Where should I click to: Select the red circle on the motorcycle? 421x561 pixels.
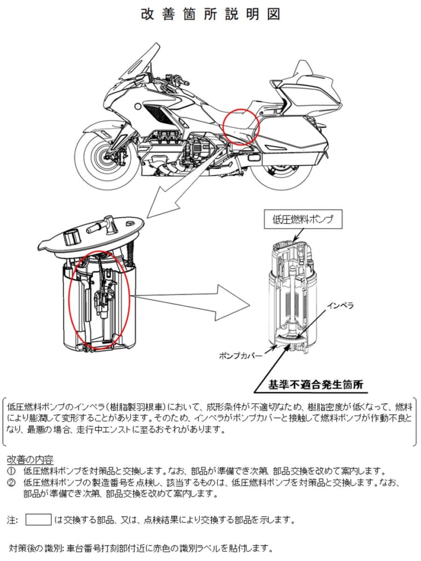pyautogui.click(x=241, y=126)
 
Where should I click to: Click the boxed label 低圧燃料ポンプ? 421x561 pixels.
pyautogui.click(x=303, y=220)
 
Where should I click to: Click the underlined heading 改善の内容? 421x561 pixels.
pyautogui.click(x=30, y=459)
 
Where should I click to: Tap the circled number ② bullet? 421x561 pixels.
pyautogui.click(x=12, y=483)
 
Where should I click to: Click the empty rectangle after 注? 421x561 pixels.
pyautogui.click(x=38, y=519)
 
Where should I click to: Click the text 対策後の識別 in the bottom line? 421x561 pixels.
pyautogui.click(x=36, y=548)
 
